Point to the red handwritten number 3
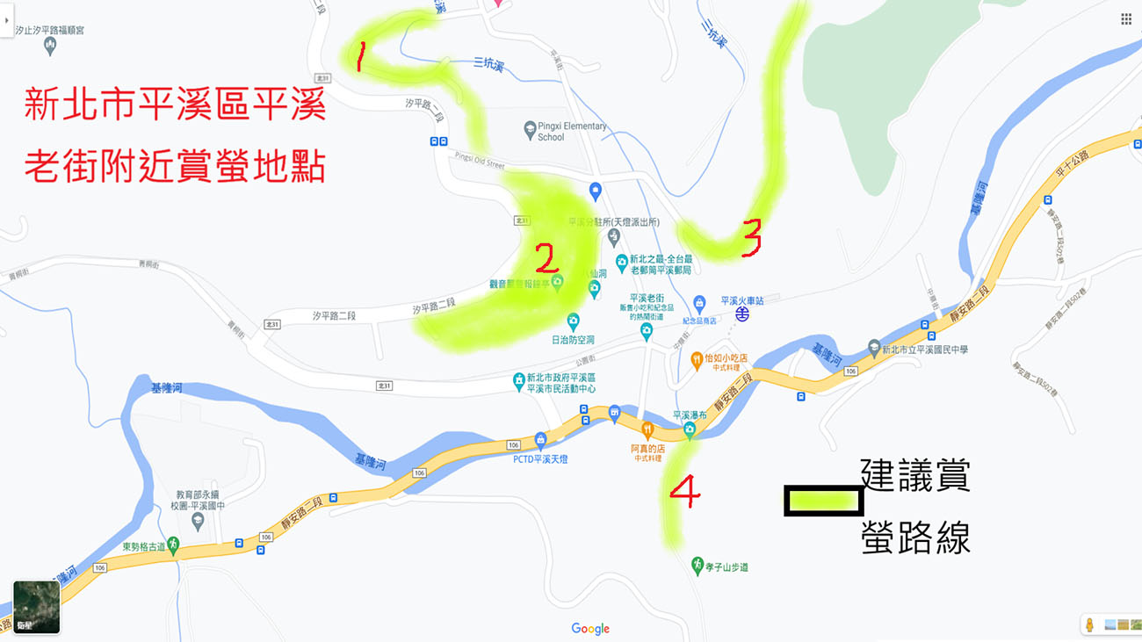(750, 237)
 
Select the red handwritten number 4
(685, 492)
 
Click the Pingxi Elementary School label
(571, 131)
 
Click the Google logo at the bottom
(590, 629)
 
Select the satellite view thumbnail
(37, 607)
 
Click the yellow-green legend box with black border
(823, 501)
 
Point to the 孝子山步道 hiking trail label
(726, 567)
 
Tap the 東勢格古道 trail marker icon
(174, 545)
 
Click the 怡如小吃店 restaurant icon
(697, 358)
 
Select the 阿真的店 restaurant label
(647, 449)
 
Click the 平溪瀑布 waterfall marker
(690, 429)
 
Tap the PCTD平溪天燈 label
(540, 458)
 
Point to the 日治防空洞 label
(573, 340)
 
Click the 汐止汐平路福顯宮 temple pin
(50, 46)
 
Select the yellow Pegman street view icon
(1089, 624)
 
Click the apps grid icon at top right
(1126, 19)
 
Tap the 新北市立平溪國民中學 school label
(924, 350)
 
